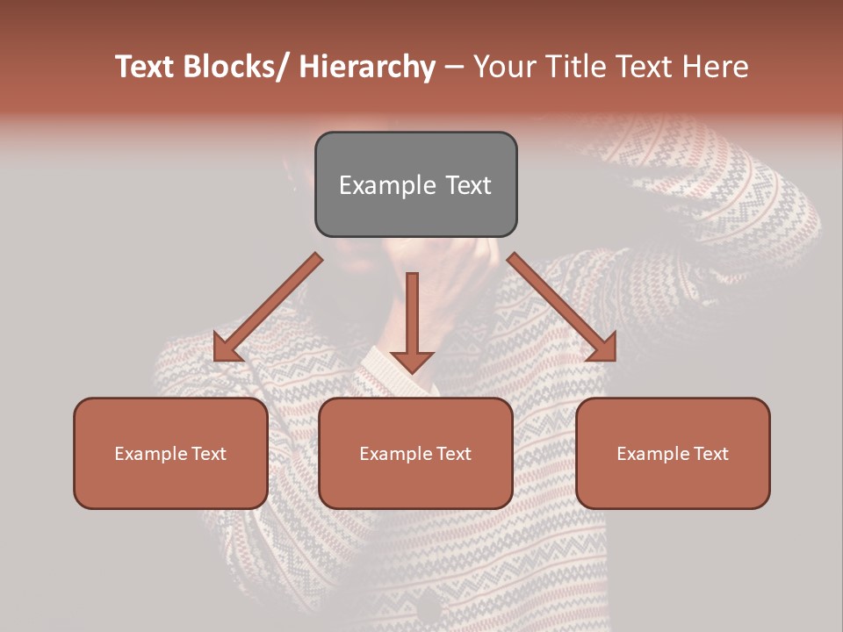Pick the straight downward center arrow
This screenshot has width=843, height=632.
pos(412,316)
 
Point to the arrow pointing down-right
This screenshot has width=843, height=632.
pos(562,307)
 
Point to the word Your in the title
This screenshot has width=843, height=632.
pos(501,67)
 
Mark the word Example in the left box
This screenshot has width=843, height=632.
pos(150,454)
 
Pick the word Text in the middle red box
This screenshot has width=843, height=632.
pos(451,454)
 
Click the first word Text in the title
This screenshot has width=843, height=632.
pos(146,67)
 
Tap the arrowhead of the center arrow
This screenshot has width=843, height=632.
pos(412,362)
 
